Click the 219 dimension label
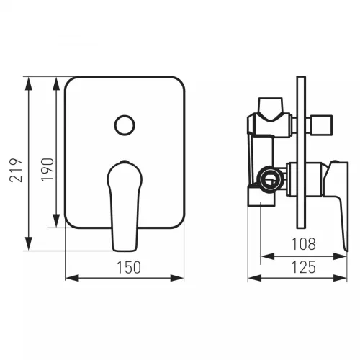coord(16,170)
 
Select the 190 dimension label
coord(48,169)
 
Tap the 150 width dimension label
coord(129,267)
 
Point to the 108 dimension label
coord(303,244)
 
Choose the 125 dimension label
coord(303,267)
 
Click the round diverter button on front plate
coord(125,125)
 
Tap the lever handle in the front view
coord(125,206)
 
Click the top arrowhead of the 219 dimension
coord(29,84)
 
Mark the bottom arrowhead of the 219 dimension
coord(29,243)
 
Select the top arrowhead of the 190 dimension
coord(56,84)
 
